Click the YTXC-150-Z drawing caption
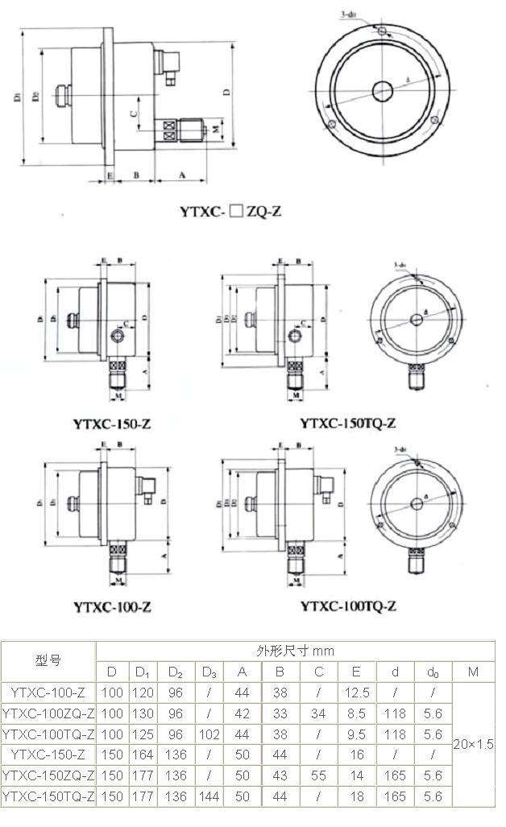[x=113, y=422]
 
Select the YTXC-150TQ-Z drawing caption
[x=347, y=422]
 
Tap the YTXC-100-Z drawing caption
[x=112, y=606]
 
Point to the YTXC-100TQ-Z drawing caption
[x=347, y=606]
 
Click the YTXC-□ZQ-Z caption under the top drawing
[x=230, y=213]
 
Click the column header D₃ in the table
[x=209, y=671]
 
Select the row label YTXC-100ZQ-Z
[x=48, y=713]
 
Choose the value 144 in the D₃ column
[x=209, y=796]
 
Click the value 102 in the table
[x=209, y=734]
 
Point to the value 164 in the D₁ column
[x=143, y=755]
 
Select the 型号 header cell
[x=48, y=660]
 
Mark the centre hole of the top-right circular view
[x=382, y=89]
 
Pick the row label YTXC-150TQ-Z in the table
[x=48, y=796]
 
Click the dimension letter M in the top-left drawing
[x=216, y=127]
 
